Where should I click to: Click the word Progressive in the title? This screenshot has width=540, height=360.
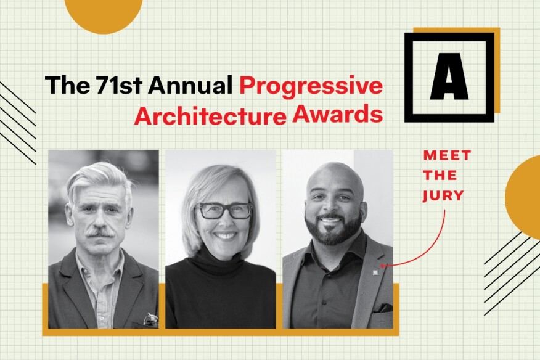click(311, 86)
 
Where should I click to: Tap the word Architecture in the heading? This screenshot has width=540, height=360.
click(210, 117)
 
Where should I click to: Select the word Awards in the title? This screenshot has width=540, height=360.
click(337, 114)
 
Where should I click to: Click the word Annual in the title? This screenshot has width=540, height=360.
click(190, 84)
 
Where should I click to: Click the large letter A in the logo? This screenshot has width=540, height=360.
click(449, 76)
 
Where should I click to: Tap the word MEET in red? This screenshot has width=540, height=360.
click(447, 155)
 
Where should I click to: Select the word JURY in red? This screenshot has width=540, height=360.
click(444, 195)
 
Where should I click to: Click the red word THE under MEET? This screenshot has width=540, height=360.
click(440, 175)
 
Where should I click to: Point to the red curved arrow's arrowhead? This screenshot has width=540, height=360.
click(382, 266)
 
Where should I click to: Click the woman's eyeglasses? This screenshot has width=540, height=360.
click(224, 211)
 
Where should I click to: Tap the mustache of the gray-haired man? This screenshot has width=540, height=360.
click(100, 232)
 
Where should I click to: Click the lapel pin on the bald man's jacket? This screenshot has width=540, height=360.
click(375, 272)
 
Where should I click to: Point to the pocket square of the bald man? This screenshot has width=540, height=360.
click(382, 308)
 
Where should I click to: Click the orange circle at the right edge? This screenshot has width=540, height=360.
click(523, 197)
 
